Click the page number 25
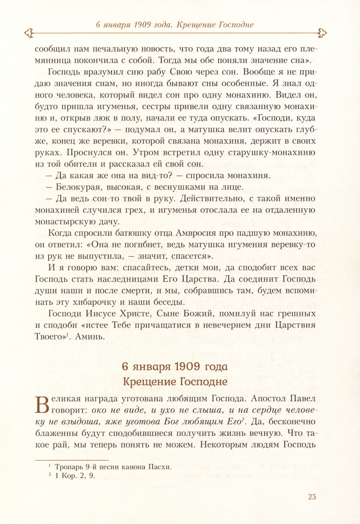(x=312, y=497)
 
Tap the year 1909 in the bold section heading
(x=183, y=367)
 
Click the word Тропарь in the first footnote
(x=69, y=467)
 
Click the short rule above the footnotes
(x=72, y=460)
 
